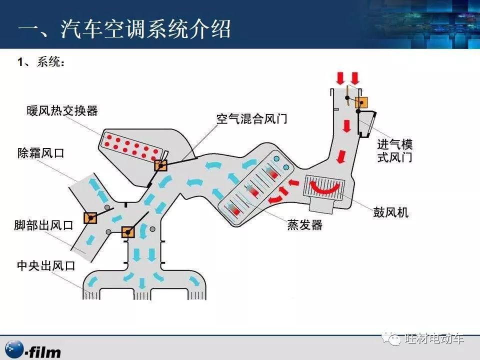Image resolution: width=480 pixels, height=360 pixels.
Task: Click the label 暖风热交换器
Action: click(62, 110)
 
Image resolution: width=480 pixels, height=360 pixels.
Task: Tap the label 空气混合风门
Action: click(252, 119)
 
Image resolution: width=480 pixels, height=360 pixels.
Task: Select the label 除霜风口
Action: click(40, 153)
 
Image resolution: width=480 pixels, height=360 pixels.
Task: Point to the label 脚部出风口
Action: click(44, 225)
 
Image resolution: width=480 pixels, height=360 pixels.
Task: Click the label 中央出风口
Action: click(46, 265)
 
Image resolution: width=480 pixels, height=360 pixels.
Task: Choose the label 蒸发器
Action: click(305, 225)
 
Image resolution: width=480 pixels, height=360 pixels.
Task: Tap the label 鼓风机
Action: click(390, 212)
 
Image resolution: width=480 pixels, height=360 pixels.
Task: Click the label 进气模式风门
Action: click(395, 150)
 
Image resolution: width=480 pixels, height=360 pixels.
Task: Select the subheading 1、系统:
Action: click(41, 62)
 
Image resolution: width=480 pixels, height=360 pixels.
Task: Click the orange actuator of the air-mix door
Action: click(160, 165)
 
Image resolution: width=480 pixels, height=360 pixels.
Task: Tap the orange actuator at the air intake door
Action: click(361, 102)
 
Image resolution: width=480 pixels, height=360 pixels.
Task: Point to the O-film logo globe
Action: click(14, 349)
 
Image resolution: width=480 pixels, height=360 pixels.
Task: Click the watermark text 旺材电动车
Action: click(434, 338)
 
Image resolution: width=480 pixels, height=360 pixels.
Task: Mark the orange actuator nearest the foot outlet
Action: click(90, 218)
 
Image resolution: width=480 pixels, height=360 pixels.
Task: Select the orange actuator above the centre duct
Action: click(128, 232)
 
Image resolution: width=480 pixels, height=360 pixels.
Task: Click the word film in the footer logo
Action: click(45, 352)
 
